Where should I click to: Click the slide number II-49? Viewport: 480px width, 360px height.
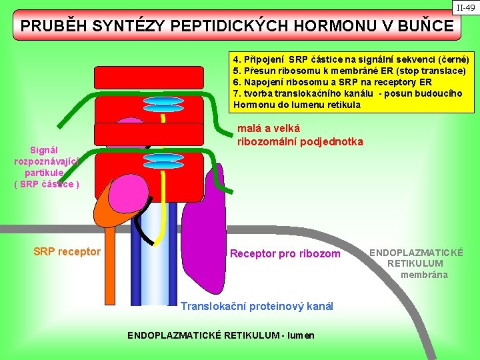[x=465, y=8]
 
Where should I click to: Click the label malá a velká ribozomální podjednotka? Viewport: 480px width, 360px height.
[x=300, y=135]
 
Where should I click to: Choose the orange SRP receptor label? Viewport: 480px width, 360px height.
[x=67, y=251]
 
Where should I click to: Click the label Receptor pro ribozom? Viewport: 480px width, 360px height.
[x=285, y=253]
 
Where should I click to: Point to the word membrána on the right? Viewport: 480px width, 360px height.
[x=424, y=275]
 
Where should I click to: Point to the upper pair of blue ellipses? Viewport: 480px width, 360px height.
[x=163, y=104]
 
